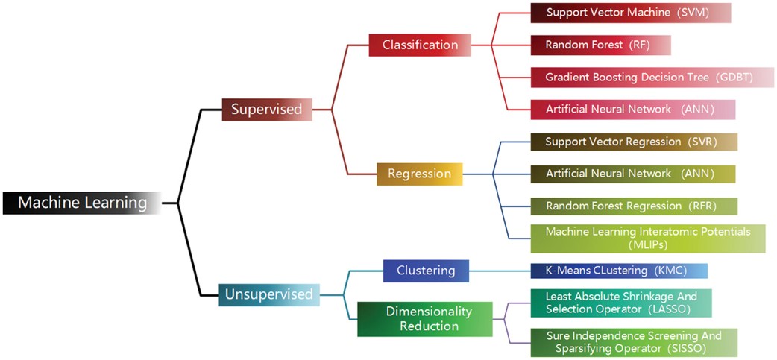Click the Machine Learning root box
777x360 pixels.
click(82, 203)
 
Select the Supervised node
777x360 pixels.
click(266, 110)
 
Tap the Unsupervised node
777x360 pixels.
click(269, 294)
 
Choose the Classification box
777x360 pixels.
click(420, 45)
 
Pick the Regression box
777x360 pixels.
click(419, 174)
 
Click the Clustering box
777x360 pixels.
click(426, 271)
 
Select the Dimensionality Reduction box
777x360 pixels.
click(425, 319)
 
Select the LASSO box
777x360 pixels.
click(620, 303)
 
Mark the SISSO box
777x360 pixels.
click(633, 342)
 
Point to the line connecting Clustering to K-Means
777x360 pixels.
click(500, 271)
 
